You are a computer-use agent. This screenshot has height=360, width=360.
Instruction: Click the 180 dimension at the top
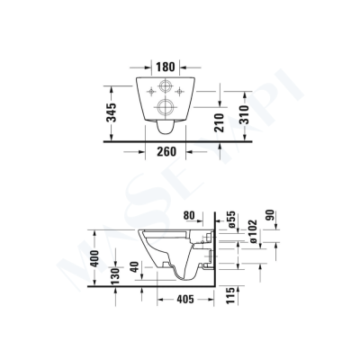point(164,67)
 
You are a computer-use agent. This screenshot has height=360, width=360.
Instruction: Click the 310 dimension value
point(260,114)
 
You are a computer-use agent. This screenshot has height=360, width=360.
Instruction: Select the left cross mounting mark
point(146,91)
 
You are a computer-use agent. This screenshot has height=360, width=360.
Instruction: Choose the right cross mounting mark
point(182,91)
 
